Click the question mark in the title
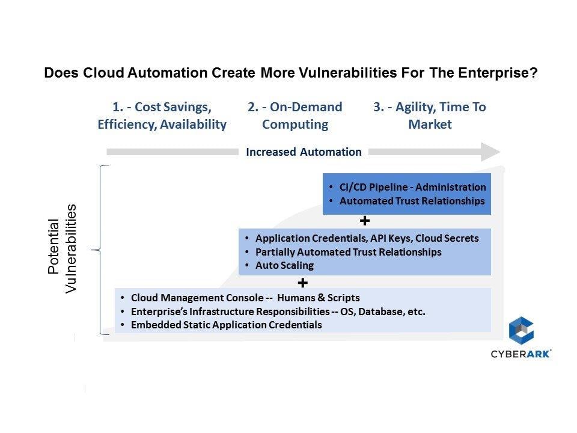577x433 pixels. pyautogui.click(x=533, y=73)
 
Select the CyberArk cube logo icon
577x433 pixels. pyautogui.click(x=521, y=330)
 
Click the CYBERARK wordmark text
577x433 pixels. pyautogui.click(x=521, y=354)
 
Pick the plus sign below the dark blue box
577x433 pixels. pyautogui.click(x=365, y=221)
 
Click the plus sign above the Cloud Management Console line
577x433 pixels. pyautogui.click(x=302, y=283)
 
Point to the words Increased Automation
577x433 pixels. pyautogui.click(x=304, y=152)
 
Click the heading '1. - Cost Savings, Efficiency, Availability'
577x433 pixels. pyautogui.click(x=162, y=115)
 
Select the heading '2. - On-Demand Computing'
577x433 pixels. pyautogui.click(x=295, y=115)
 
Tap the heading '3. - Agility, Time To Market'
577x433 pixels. pyautogui.click(x=430, y=115)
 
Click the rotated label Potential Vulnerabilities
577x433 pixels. pyautogui.click(x=62, y=248)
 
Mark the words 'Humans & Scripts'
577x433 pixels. pyautogui.click(x=319, y=298)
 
